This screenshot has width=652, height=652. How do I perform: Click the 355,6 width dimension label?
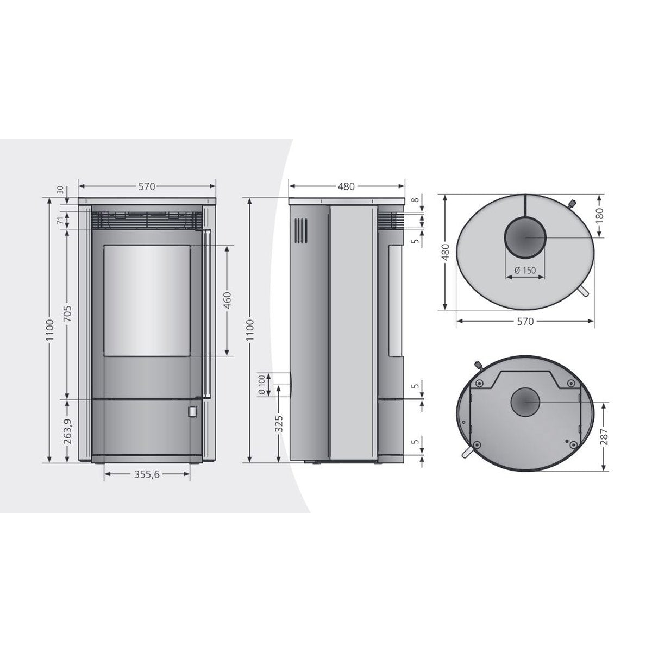pos(147,474)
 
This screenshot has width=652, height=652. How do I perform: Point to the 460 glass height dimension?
pos(227,300)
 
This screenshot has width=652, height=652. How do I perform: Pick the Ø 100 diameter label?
pos(262,384)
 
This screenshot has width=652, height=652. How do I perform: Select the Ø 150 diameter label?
pos(525,271)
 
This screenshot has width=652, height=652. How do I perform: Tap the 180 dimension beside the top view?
pos(601,215)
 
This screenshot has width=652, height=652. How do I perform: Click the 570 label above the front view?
pos(147,186)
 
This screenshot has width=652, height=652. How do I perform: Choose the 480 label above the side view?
pos(346,186)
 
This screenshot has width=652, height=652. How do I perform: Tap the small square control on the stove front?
pos(192,411)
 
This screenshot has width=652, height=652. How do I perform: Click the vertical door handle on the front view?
pos(206,312)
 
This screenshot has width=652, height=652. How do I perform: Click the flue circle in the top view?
pos(525,237)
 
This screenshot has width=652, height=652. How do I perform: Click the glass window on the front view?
pos(147,300)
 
